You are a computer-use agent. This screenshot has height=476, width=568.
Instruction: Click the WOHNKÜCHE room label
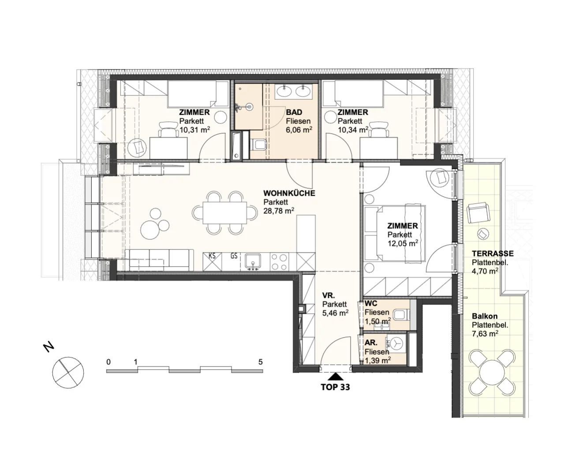pyautogui.click(x=289, y=193)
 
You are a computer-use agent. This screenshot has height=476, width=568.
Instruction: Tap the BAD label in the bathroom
pyautogui.click(x=294, y=112)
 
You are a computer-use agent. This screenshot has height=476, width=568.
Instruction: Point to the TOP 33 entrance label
pyautogui.click(x=336, y=387)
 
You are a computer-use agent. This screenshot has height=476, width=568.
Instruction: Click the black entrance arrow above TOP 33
pyautogui.click(x=336, y=376)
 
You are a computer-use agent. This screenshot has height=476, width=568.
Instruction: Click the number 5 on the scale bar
pyautogui.click(x=261, y=362)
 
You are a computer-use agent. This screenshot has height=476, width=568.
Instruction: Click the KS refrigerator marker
pyautogui.click(x=212, y=256)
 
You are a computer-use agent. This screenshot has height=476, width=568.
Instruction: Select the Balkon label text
pyautogui.click(x=485, y=316)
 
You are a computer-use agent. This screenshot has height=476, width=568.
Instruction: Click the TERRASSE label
pyautogui.click(x=493, y=253)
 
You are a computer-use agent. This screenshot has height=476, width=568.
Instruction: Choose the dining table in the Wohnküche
pyautogui.click(x=225, y=212)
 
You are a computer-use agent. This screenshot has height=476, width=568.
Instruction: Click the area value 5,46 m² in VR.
pyautogui.click(x=336, y=313)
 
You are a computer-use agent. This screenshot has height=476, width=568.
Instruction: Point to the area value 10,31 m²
pyautogui.click(x=194, y=130)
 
